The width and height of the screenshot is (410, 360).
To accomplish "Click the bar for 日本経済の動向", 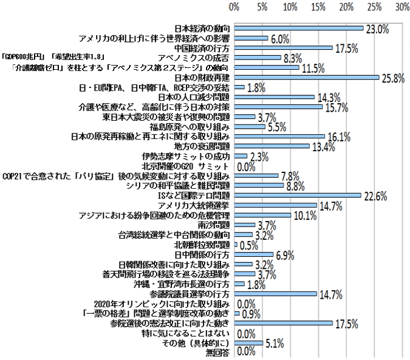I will [298, 28].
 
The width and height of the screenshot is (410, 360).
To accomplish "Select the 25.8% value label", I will [392, 78].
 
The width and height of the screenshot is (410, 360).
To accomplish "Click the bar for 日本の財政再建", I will [306, 77].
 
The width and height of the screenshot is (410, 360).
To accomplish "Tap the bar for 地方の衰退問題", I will [272, 146].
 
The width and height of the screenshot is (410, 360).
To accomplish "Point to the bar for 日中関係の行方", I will [253, 254].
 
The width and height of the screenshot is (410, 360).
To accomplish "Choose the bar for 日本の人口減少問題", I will [274, 97].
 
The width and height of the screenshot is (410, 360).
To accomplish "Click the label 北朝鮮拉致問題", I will [202, 245].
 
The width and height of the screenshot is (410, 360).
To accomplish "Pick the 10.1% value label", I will [304, 215].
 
